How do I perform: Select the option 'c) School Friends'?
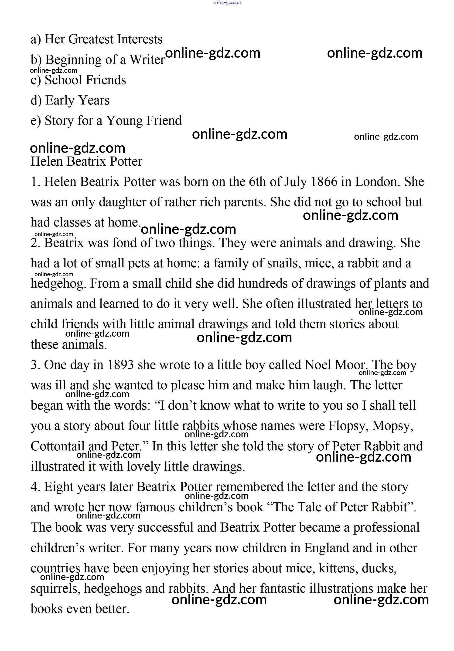click(x=78, y=80)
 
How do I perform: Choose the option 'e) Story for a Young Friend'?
click(x=106, y=121)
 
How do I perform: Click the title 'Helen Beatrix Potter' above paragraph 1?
click(x=86, y=162)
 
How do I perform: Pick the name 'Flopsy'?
click(x=348, y=426)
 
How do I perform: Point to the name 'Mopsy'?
click(x=392, y=426)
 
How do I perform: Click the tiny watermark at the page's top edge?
click(x=227, y=3)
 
